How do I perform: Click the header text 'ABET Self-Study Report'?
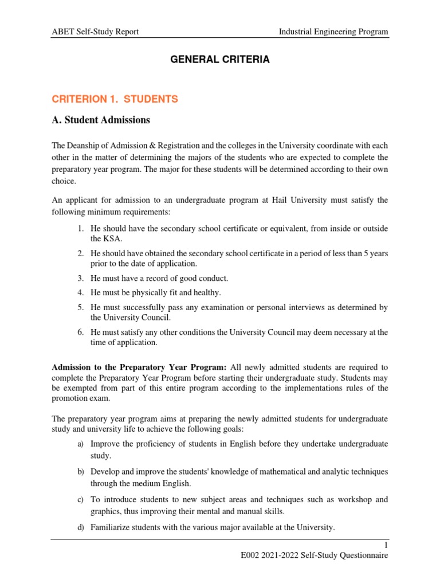[95, 32]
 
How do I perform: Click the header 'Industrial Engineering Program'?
[333, 32]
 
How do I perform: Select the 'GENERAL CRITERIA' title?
[220, 60]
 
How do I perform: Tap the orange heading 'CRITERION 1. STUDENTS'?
[115, 99]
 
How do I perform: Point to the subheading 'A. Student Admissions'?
[101, 120]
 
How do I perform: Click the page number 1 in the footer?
[387, 545]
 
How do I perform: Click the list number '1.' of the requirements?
[81, 229]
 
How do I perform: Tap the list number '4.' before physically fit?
[81, 293]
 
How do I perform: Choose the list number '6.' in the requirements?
[81, 332]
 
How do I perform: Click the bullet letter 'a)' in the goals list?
[81, 444]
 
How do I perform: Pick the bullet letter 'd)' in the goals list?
[81, 527]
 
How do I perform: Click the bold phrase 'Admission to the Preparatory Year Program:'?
[139, 367]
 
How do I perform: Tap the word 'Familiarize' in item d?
[111, 527]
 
